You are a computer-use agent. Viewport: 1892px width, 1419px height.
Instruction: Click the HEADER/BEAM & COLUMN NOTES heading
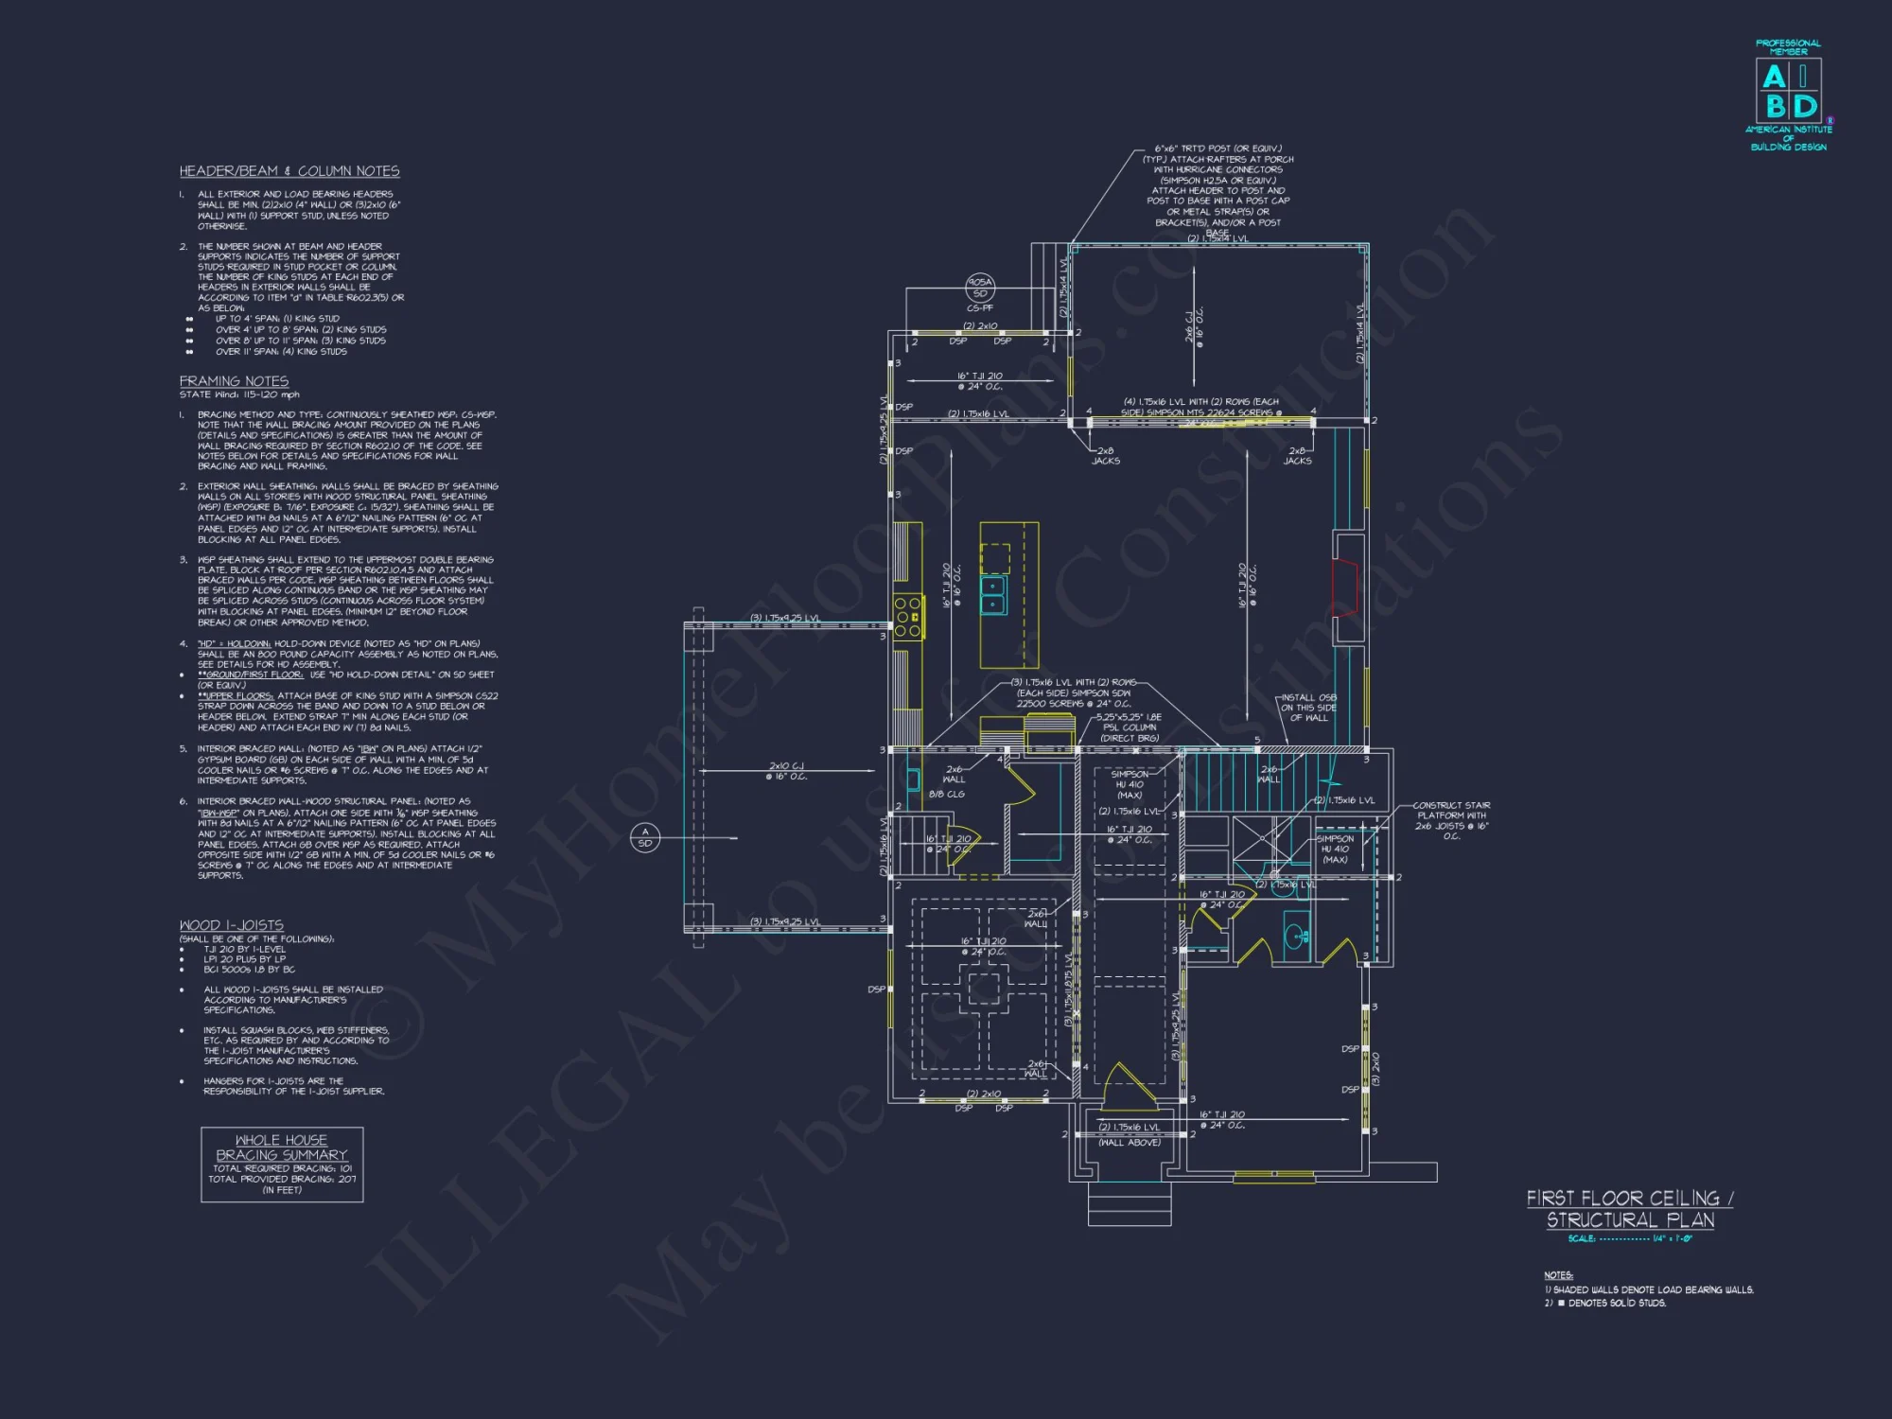click(x=289, y=171)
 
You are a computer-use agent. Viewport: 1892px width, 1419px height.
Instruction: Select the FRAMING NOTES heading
click(x=234, y=380)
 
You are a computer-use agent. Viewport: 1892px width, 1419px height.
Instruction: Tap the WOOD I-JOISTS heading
click(x=231, y=924)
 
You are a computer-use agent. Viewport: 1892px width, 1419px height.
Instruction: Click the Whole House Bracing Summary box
click(x=282, y=1164)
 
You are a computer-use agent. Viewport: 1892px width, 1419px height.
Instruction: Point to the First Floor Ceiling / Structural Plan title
click(x=1630, y=1209)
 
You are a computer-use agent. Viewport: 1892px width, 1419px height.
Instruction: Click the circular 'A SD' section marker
click(x=645, y=837)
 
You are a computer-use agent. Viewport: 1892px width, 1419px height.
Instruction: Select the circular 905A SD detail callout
click(x=980, y=287)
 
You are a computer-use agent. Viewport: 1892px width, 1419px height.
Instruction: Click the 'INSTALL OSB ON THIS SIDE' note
click(x=1308, y=708)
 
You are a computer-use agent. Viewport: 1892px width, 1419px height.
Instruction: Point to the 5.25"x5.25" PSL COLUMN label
click(x=1129, y=727)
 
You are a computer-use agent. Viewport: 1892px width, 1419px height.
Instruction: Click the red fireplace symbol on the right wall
click(x=1344, y=587)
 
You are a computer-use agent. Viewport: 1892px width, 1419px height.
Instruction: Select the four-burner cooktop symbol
click(x=908, y=617)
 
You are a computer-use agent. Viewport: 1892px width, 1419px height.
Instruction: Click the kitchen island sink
click(x=992, y=595)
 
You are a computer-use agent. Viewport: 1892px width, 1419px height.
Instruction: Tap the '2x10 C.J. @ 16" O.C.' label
click(x=786, y=771)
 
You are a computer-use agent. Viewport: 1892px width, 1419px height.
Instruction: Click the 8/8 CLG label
click(x=946, y=794)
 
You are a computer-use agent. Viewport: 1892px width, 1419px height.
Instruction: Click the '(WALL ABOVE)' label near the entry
click(x=1129, y=1142)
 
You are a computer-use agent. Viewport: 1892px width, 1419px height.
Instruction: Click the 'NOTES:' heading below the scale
click(x=1558, y=1275)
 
